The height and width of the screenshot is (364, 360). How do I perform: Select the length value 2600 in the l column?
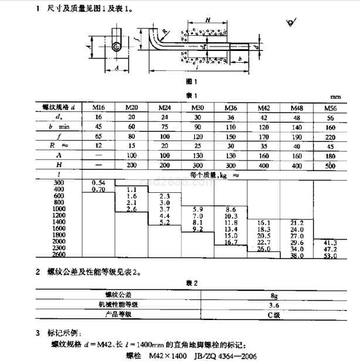click(x=59, y=256)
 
